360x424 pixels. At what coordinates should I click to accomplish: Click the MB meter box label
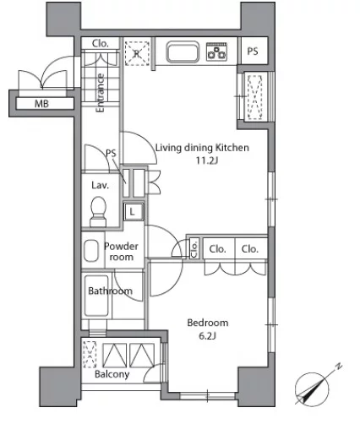41,104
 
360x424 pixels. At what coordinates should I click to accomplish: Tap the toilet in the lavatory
98,212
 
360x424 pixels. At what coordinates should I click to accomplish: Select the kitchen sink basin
183,52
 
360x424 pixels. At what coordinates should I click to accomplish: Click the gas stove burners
216,52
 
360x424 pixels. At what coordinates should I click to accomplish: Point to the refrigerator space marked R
137,53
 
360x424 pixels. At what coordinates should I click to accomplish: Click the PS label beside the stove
253,52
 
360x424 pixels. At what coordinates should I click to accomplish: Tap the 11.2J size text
207,160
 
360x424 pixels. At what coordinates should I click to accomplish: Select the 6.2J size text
208,336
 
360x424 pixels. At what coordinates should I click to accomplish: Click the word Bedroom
208,323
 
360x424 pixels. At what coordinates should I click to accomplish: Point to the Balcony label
112,374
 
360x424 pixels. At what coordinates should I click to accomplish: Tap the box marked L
132,211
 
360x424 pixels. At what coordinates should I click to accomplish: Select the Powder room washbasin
91,250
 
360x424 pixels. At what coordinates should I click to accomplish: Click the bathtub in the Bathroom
96,296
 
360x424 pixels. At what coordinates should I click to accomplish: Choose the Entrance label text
101,93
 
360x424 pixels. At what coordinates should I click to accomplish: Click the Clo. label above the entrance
101,43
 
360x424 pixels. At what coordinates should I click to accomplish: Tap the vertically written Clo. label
194,248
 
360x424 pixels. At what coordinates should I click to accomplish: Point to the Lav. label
100,185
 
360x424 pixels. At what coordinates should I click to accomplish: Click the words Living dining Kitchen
202,148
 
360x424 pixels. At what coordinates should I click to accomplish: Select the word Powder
121,247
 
